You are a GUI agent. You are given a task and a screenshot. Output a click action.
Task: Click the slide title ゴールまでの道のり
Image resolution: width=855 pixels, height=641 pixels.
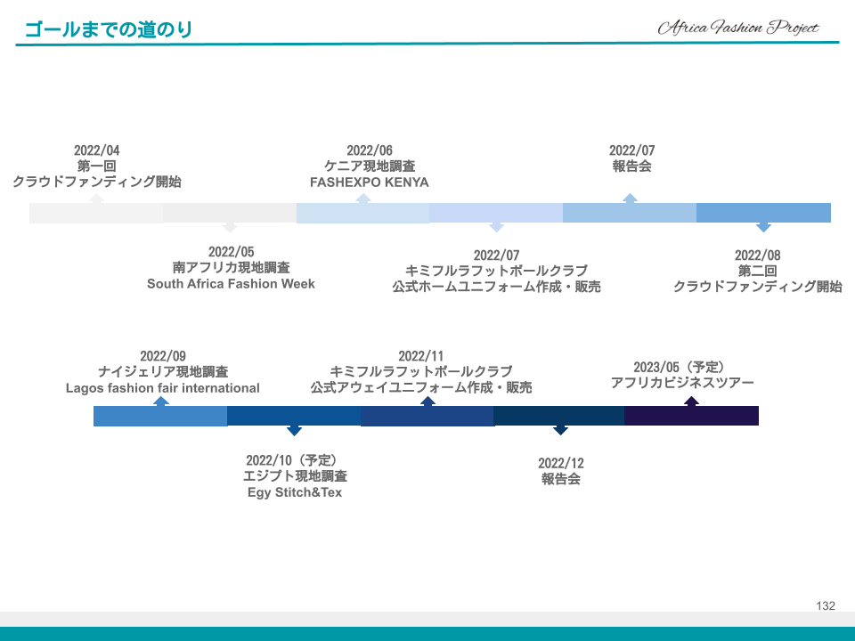pos(109,28)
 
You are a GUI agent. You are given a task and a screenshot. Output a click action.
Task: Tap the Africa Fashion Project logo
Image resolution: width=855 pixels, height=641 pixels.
pos(738,28)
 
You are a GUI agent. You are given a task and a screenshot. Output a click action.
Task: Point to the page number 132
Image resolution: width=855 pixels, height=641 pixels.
pos(826,605)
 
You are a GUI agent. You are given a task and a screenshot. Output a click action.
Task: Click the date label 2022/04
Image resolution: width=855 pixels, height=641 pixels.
pos(96,150)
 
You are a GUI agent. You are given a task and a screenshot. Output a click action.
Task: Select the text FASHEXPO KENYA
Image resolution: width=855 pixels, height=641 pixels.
pos(369,182)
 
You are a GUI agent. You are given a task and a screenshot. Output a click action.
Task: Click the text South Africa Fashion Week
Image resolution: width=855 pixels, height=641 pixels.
pos(231,283)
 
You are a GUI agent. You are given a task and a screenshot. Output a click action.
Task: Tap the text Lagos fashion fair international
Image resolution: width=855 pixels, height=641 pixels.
pos(162,388)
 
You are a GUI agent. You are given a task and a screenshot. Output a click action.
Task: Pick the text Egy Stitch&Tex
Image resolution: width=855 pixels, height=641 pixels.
pos(295,492)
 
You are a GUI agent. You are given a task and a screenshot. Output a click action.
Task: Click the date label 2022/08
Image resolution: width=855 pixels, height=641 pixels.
pos(757,256)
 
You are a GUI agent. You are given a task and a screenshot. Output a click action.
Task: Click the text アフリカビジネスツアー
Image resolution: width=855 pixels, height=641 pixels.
pos(682,383)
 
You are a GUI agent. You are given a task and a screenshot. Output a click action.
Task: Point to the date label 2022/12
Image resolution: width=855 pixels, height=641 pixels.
pos(560,463)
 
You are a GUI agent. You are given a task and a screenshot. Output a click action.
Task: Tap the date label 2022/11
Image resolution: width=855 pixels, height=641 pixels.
pos(421,356)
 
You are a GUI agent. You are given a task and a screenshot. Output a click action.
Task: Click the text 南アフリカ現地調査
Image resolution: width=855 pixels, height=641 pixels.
pos(232,268)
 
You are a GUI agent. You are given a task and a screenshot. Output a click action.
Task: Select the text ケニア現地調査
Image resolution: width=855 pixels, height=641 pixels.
pos(370,166)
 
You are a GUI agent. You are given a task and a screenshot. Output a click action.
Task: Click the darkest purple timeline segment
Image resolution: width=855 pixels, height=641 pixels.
pos(691,416)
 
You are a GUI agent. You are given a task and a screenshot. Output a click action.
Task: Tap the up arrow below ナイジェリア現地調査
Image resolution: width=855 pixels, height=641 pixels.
pos(160,402)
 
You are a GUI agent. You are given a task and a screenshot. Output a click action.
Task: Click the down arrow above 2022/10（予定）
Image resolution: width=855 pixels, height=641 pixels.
pos(294,431)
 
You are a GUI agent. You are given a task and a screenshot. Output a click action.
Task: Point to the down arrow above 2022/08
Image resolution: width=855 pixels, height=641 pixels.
pos(763,227)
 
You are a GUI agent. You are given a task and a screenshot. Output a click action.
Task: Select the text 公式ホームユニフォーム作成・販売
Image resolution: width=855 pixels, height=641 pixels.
pos(496,287)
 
